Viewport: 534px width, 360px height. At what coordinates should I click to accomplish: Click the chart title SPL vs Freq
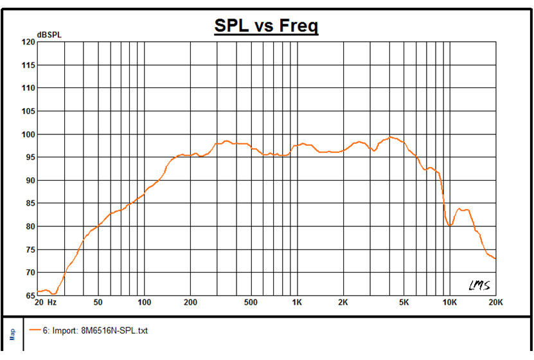[266, 26]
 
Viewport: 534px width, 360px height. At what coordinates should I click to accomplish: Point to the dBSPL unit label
[49, 34]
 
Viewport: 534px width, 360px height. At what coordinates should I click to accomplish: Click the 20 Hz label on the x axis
[47, 302]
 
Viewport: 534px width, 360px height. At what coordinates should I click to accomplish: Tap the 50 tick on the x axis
[98, 302]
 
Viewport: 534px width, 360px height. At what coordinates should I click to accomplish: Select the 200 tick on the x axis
[190, 302]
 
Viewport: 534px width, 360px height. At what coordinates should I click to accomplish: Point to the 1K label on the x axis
[297, 302]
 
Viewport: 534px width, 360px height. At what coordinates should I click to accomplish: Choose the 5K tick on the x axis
[404, 302]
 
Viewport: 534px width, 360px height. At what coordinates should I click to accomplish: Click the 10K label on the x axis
[449, 302]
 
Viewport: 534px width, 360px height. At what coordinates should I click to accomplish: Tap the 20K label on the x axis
[495, 302]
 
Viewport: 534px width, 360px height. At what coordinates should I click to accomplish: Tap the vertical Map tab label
[12, 334]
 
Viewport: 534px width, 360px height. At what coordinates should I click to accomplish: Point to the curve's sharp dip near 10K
[451, 225]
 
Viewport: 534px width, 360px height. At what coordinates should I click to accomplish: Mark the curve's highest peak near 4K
[390, 136]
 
